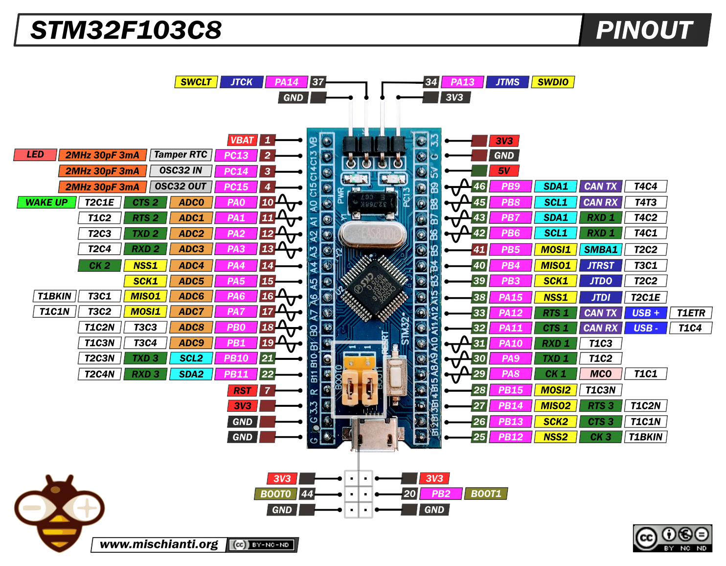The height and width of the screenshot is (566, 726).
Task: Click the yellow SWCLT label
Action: tap(196, 82)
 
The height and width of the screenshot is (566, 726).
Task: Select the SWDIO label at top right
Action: tap(553, 82)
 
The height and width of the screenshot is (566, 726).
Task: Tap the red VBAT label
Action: tap(242, 140)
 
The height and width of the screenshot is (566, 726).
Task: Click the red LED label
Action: tap(35, 155)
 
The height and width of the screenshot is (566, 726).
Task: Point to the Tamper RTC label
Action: tap(181, 155)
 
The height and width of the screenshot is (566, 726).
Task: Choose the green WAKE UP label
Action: tap(46, 202)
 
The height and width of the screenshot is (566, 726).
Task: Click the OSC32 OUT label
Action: tap(181, 187)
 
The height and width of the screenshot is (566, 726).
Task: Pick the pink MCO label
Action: tap(601, 374)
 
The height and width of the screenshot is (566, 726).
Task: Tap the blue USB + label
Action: tap(646, 313)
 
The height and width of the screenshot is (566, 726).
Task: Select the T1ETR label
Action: tap(691, 313)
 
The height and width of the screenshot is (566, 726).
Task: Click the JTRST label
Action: tap(601, 265)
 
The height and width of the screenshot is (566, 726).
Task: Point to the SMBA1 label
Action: tap(601, 250)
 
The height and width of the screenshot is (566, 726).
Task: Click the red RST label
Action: tap(242, 391)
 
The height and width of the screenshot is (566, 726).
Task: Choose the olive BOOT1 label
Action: tap(486, 494)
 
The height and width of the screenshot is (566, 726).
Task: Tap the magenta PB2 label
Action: tap(441, 494)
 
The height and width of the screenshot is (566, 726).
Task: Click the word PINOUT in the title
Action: tap(644, 30)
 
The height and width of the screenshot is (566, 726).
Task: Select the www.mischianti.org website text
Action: tap(159, 544)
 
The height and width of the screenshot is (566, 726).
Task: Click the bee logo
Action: tap(59, 512)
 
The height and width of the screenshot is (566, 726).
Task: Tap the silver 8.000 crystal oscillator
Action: tap(372, 234)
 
